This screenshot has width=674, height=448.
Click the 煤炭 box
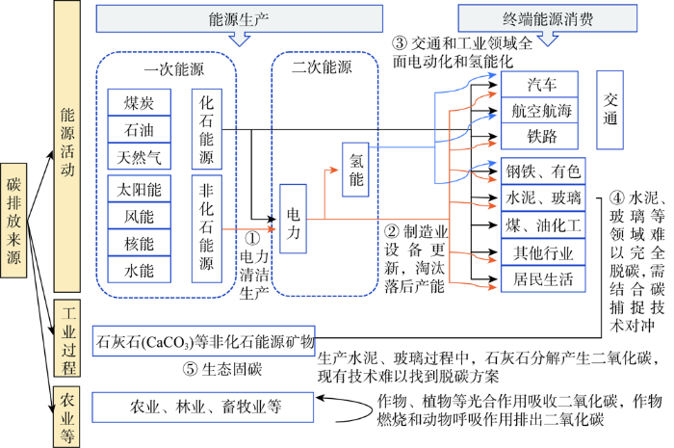coord(140,102)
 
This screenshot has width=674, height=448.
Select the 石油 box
coord(140,129)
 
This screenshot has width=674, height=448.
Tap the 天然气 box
coord(140,156)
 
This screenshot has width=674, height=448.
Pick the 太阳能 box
coord(140,188)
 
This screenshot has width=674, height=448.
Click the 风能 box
coord(140,216)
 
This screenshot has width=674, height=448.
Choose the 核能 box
coord(140,243)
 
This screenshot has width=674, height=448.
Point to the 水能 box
coord(140,270)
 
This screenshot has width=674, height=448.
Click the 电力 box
coord(293,219)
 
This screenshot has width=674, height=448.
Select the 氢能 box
coord(355,170)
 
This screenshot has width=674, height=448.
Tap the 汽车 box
coord(539,84)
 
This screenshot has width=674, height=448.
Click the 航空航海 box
coord(539,110)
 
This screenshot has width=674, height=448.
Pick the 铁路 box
coord(539,136)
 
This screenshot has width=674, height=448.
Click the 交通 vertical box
coord(609,110)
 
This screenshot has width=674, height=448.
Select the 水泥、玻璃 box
coord(543,198)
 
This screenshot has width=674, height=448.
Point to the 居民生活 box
coord(543,279)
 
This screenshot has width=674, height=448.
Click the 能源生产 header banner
coord(240,18)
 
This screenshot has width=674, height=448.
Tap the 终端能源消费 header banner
coord(548,18)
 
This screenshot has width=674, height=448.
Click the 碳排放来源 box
coord(13,220)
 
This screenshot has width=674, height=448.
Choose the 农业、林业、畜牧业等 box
coord(203,408)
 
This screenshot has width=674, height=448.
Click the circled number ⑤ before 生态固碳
coord(190,369)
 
